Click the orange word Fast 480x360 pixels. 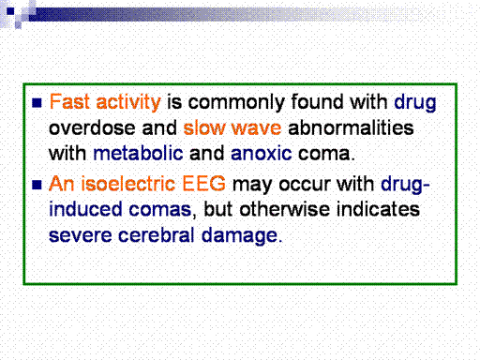69,102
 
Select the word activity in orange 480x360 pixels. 128,102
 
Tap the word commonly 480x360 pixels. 236,103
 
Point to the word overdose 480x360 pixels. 92,127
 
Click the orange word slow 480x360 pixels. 203,127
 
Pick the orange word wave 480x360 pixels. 256,128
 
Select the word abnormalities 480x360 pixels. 351,127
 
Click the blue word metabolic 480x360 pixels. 138,153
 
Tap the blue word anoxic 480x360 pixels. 261,154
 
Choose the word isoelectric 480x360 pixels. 127,184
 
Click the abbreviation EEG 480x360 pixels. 203,184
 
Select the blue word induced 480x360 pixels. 85,209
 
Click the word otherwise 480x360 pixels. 284,209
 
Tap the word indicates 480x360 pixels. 378,209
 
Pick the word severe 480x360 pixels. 81,235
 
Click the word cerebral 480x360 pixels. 157,234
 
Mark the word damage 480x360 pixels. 239,235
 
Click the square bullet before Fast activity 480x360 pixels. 37,103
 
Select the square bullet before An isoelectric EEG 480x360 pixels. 37,185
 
